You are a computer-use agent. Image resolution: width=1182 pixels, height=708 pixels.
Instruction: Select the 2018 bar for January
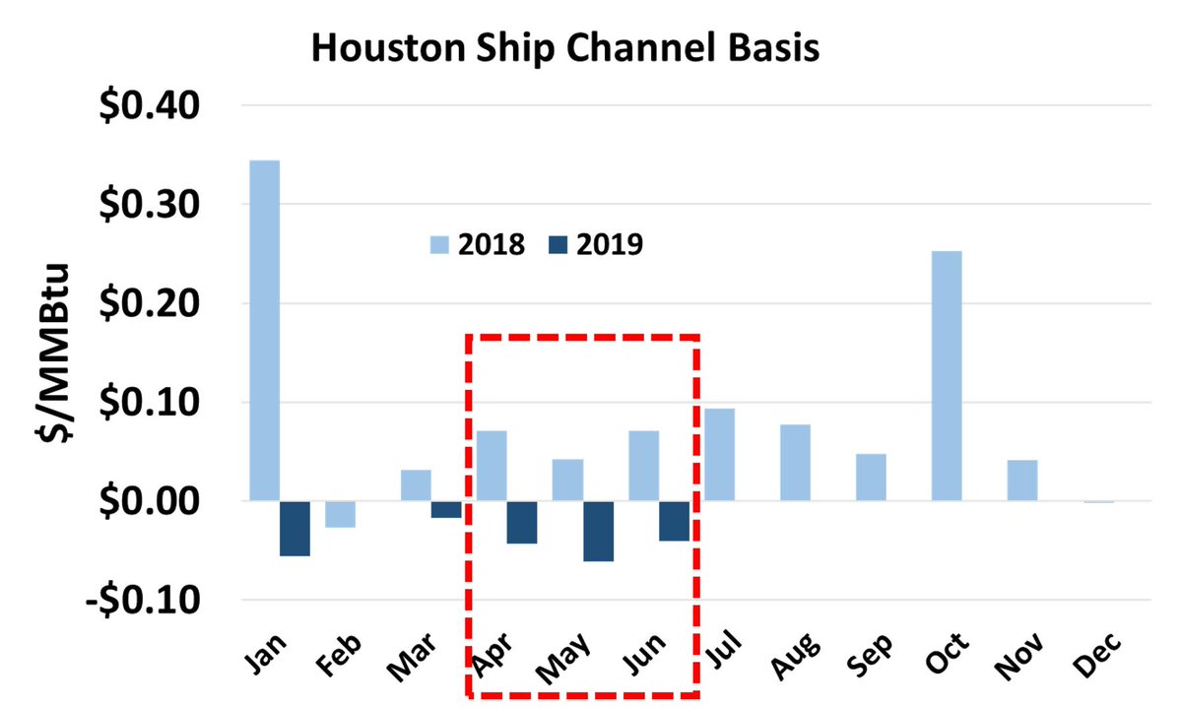click(x=264, y=330)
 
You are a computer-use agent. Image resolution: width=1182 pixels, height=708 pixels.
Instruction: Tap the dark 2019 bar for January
click(x=295, y=529)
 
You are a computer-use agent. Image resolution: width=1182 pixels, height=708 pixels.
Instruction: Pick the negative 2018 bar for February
click(x=340, y=514)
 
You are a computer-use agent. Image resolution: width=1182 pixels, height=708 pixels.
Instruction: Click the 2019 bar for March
click(x=446, y=509)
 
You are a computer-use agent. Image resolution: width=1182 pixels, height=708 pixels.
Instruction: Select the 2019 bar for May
click(x=598, y=531)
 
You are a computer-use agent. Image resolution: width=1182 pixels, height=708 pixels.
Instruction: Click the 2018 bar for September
click(x=871, y=478)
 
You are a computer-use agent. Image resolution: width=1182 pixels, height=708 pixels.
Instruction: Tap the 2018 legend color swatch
click(x=438, y=244)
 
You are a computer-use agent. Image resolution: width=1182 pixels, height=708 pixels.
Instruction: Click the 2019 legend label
click(x=611, y=244)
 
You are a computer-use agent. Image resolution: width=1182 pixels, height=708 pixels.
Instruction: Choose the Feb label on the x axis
click(x=343, y=653)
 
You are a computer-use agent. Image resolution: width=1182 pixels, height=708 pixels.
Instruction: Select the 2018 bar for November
click(x=1021, y=481)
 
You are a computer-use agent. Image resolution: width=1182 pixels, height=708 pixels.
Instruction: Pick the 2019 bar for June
click(x=674, y=521)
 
